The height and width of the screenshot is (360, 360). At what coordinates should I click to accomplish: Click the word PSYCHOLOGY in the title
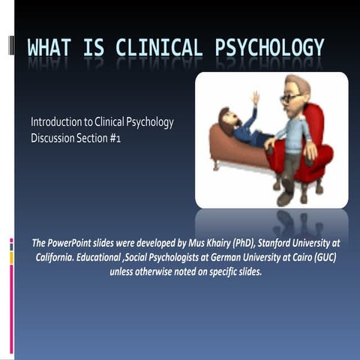click(270, 49)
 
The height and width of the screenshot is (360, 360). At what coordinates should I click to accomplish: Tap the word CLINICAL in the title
click(157, 49)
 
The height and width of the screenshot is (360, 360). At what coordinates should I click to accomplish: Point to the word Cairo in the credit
click(296, 257)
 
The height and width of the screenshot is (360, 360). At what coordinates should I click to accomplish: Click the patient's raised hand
click(256, 97)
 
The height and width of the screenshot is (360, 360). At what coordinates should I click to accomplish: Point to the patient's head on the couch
click(224, 116)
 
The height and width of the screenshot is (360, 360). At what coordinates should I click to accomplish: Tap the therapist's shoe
click(284, 199)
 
